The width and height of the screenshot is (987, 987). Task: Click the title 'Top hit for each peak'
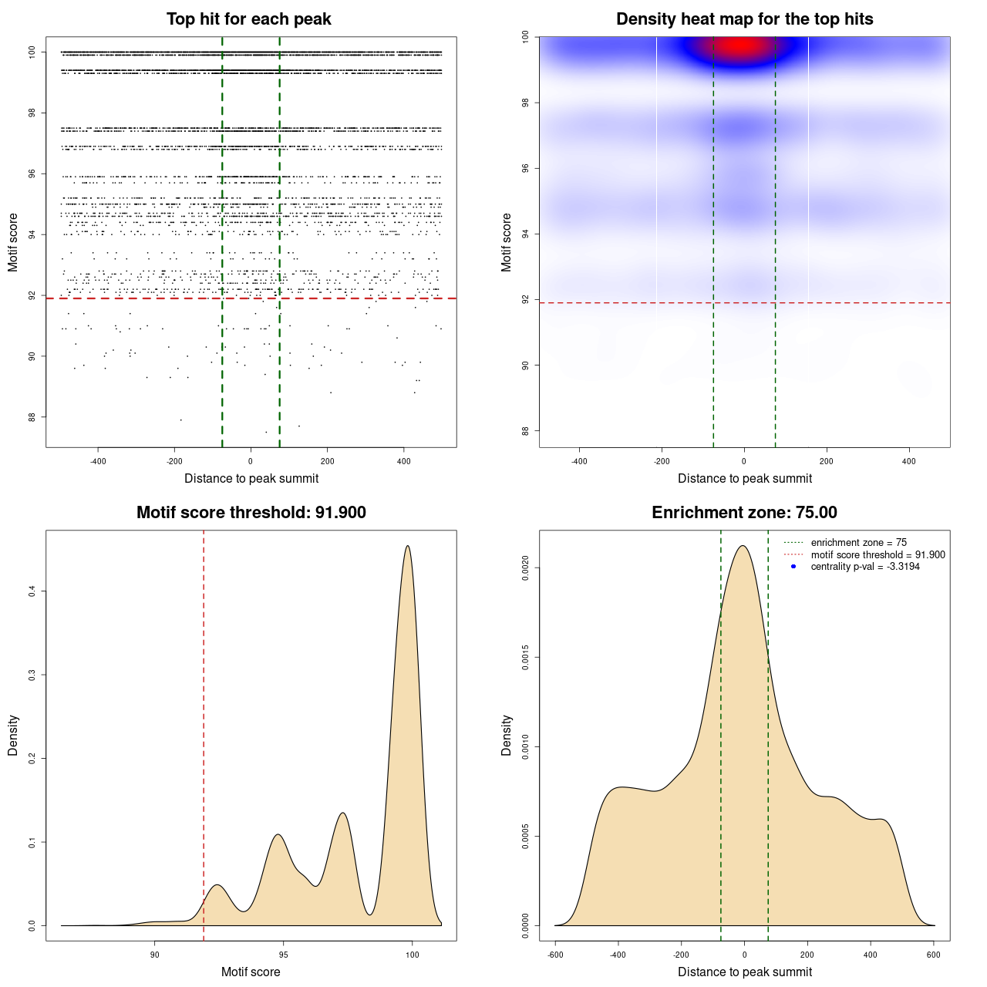coord(248,19)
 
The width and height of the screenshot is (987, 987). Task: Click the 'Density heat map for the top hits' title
coord(744,19)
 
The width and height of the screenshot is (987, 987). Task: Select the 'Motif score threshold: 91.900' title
coord(251,513)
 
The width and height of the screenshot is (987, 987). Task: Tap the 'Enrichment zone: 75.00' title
coord(744,513)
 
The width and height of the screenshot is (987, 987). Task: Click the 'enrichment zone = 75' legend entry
coord(858,543)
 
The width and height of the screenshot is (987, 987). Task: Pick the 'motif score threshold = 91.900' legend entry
coord(878,555)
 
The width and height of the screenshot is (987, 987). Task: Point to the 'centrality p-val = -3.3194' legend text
coord(865,567)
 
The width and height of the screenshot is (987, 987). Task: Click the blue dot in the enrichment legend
coord(793,567)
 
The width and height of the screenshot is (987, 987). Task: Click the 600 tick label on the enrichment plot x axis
coord(934,955)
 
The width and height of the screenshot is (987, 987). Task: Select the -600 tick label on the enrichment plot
coord(555,955)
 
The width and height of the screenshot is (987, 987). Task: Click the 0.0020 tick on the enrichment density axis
coord(526,568)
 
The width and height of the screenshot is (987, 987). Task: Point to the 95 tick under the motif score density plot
coord(283,955)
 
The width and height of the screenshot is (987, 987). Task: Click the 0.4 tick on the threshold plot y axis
coord(32,591)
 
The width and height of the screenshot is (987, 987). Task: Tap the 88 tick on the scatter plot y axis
coord(32,417)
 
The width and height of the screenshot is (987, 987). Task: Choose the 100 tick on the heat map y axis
coord(525,36)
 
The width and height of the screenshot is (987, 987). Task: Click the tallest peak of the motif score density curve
coord(408,547)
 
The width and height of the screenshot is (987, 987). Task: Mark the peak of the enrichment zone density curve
coord(743,547)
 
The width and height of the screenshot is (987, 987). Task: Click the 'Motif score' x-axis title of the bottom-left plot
coord(251,972)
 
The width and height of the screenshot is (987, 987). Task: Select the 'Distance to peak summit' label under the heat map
coord(744,478)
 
